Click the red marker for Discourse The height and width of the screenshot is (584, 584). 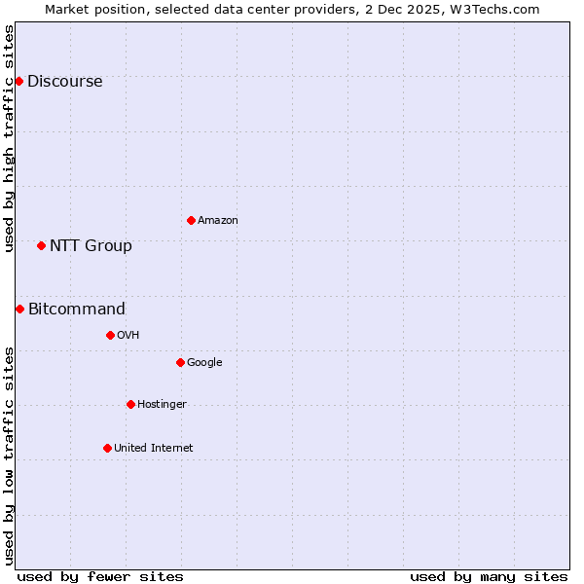18,81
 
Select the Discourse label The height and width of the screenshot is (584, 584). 64,82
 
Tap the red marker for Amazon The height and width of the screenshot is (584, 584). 191,220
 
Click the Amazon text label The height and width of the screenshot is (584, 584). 218,221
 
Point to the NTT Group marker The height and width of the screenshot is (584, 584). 41,245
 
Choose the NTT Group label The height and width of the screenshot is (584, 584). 91,246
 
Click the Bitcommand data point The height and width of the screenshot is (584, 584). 19,309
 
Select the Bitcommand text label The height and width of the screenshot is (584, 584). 77,310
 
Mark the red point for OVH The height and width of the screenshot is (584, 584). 110,335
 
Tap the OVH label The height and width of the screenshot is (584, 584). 128,336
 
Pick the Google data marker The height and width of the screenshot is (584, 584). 180,362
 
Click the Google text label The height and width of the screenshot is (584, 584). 204,363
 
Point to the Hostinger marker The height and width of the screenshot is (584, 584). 130,404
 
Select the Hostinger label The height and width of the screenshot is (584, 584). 162,405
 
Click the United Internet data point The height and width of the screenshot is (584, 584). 107,448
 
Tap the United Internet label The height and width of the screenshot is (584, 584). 153,449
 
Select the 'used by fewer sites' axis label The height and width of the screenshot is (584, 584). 100,576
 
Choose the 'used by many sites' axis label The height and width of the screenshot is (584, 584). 489,576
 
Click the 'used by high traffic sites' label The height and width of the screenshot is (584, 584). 9,139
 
